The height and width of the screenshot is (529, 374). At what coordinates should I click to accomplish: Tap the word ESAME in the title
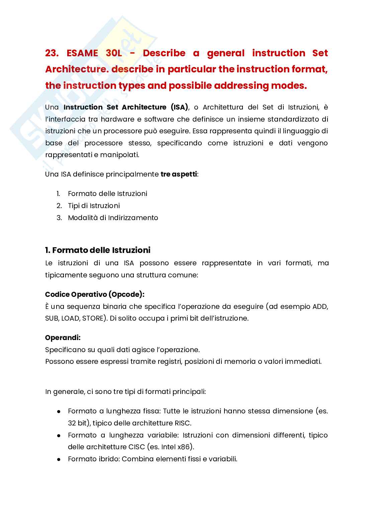tap(82, 53)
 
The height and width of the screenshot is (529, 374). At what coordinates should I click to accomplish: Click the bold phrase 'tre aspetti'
tap(179, 174)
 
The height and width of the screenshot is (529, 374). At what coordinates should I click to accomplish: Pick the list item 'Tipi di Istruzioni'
tap(94, 206)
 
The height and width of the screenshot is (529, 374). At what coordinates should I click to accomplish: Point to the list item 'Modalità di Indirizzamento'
tap(113, 218)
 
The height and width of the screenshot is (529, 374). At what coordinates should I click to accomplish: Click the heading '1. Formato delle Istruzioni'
tap(98, 250)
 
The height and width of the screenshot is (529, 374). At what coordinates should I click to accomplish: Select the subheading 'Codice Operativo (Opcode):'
tap(95, 294)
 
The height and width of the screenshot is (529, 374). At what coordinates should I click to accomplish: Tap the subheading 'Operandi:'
tap(63, 338)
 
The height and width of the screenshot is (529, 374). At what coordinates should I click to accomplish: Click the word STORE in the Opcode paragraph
tap(93, 318)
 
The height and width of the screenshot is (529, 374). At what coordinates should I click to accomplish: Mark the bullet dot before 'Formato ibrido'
tap(59, 459)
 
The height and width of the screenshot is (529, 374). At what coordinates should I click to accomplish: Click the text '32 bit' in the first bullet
tap(77, 423)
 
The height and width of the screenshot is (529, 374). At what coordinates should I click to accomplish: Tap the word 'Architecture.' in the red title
tap(76, 69)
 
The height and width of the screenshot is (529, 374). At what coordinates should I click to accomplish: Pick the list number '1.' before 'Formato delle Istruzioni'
tap(58, 194)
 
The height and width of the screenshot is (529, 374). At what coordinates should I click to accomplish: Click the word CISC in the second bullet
tap(136, 447)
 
